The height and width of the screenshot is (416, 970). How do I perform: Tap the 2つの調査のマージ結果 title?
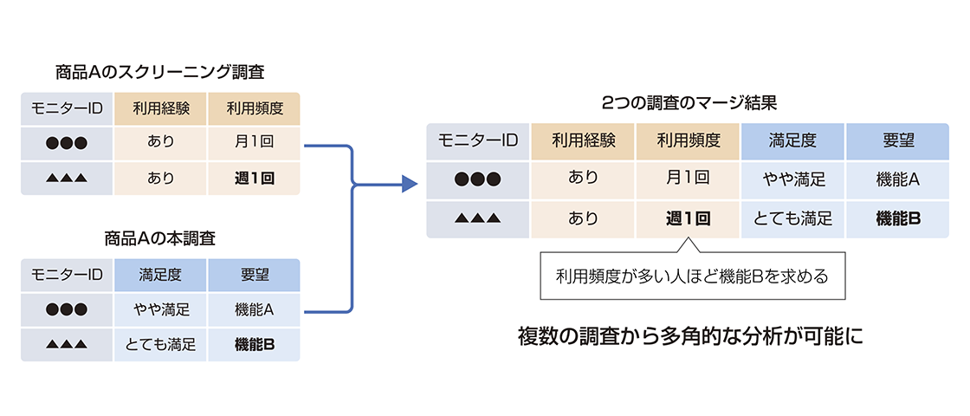point(689,101)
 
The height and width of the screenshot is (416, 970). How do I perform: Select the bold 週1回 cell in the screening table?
point(254,179)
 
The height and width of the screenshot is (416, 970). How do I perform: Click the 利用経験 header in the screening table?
point(160,109)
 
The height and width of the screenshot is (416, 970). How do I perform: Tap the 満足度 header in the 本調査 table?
point(160,276)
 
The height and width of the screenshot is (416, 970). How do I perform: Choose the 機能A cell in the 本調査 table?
point(254,309)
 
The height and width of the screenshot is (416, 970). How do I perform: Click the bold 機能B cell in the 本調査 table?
point(254,345)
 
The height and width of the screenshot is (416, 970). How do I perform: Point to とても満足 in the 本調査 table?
point(160,345)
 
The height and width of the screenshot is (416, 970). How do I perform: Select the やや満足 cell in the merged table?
point(793,179)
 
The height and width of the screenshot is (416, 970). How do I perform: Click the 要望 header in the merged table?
point(899,140)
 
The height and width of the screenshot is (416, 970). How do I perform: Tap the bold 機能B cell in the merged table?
point(899,218)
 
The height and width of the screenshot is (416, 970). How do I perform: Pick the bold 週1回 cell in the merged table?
point(688,218)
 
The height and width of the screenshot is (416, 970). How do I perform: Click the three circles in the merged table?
point(478,179)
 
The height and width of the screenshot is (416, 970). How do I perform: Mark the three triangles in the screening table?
point(67,179)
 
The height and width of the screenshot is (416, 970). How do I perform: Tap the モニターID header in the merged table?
point(478,140)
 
